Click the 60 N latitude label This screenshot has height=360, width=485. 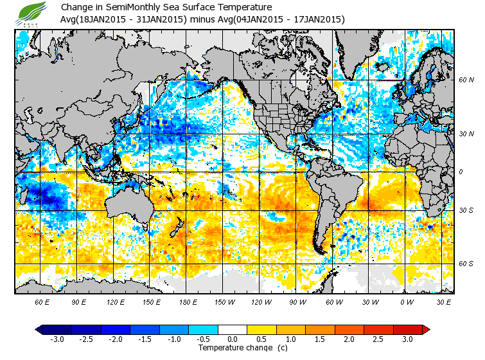pos(466,80)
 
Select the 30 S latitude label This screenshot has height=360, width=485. pos(466,211)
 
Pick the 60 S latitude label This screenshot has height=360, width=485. pos(466,264)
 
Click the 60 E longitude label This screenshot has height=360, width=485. pos(42,301)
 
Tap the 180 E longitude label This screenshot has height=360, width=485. pos(189,301)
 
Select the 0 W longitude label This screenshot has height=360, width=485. pos(407,301)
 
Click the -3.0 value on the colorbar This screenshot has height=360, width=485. pos(57,339)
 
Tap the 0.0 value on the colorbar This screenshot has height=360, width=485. pos(233,339)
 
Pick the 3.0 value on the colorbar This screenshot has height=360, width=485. pos(407,339)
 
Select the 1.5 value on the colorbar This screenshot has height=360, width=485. pos(321,339)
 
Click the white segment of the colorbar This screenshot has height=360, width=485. pos(233,329)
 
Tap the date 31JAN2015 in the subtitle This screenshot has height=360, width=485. pos(161,19)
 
